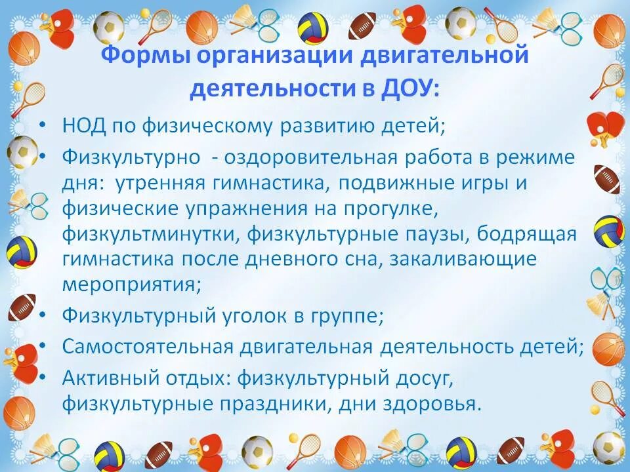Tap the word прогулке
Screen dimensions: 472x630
(x=378, y=209)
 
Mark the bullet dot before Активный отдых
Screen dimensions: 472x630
(x=43, y=377)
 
